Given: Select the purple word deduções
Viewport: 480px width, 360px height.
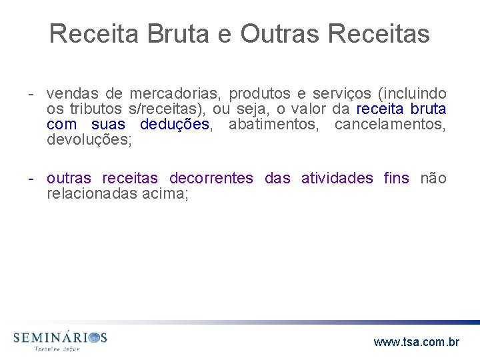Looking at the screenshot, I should (175, 125).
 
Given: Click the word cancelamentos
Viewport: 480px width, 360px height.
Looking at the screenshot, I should (390, 125).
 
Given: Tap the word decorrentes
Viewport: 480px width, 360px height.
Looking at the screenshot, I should (211, 178).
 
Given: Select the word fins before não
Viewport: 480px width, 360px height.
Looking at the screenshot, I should (397, 178).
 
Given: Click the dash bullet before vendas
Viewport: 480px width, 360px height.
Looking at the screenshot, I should (31, 94).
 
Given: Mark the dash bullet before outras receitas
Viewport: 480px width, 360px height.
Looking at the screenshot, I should (31, 178).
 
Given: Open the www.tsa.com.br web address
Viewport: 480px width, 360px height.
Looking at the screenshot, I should (416, 342).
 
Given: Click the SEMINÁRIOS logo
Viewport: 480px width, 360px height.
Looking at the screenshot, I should (60, 339).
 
